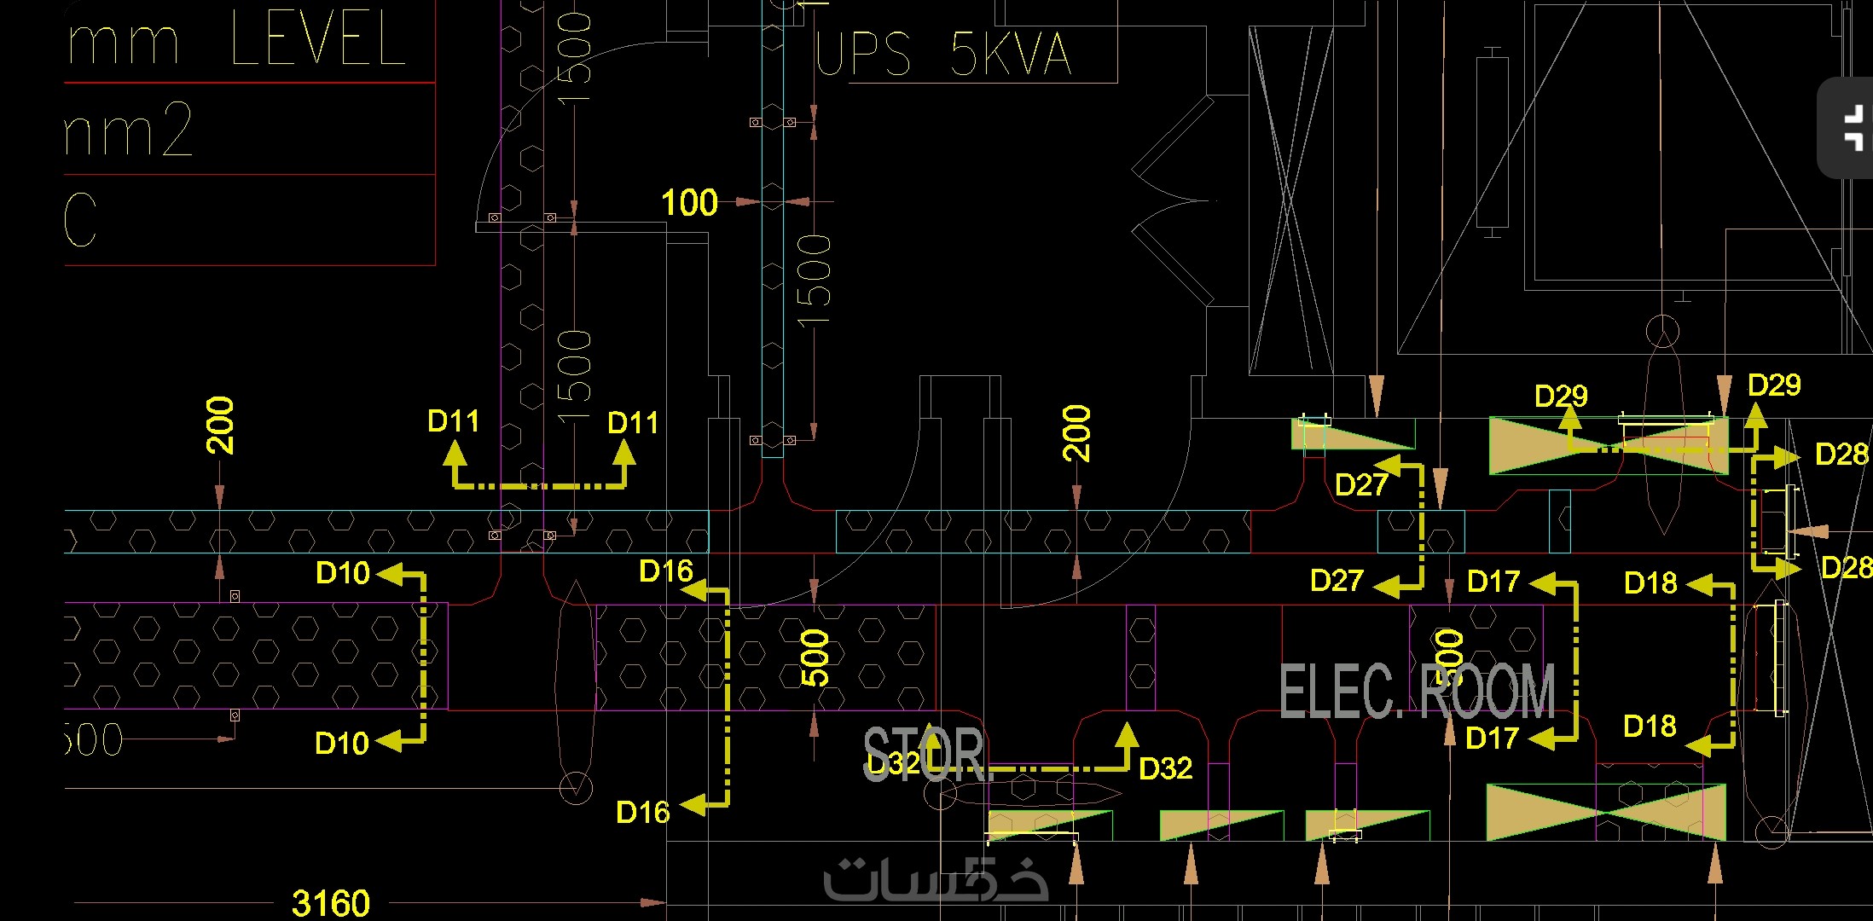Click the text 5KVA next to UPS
(x=1010, y=54)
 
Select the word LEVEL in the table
(x=317, y=39)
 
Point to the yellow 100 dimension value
(x=689, y=203)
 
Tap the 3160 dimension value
(x=331, y=903)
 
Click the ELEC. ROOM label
(x=1416, y=691)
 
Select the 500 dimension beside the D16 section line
(x=815, y=657)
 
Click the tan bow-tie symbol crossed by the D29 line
(x=1608, y=445)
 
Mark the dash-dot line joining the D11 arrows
(x=540, y=486)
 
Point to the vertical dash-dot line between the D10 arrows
(x=423, y=657)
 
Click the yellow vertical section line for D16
(x=727, y=695)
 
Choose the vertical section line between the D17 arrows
(x=1575, y=661)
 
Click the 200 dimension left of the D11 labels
(x=220, y=425)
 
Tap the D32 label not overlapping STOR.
(x=1165, y=768)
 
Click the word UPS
(x=863, y=54)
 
